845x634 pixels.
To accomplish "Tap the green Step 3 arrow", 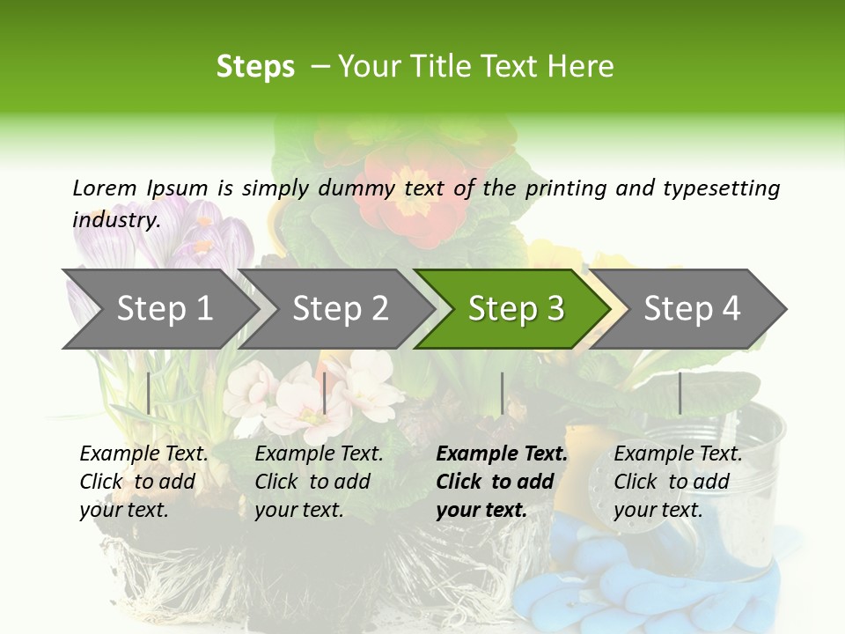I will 515,309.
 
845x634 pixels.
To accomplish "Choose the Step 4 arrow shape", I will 692,309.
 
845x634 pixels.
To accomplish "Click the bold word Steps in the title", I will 255,67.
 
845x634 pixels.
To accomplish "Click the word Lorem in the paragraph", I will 104,188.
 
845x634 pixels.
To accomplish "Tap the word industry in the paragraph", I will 115,219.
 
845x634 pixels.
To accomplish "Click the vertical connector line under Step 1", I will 148,393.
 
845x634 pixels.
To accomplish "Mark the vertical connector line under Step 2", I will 325,393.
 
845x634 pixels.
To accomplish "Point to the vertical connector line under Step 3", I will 502,393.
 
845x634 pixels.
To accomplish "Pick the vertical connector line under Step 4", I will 680,393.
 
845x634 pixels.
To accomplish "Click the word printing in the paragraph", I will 558,188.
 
